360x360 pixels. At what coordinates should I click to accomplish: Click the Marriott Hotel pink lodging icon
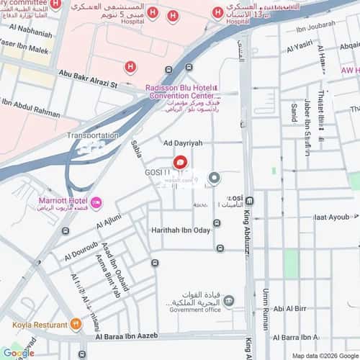coord(96,201)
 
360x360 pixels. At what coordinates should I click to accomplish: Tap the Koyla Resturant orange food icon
coord(75,323)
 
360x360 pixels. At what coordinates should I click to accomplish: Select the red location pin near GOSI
coord(180,164)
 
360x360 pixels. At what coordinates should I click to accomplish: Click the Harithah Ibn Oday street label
coord(181,230)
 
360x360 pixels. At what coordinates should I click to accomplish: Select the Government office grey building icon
coord(228,300)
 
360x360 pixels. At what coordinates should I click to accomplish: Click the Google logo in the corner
coord(17,353)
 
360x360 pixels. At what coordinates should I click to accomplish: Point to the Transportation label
coord(93,135)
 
